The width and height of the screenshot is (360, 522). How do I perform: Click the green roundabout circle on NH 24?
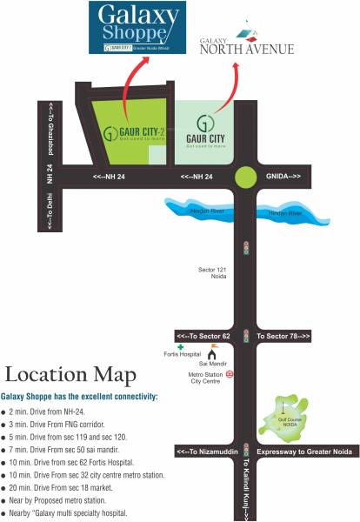(246, 177)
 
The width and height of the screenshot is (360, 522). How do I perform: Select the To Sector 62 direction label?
(203, 336)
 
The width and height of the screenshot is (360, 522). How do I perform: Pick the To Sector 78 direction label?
(283, 336)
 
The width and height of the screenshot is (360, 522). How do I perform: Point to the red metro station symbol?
(229, 374)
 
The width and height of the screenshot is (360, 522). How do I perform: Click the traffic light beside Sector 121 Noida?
(246, 247)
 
